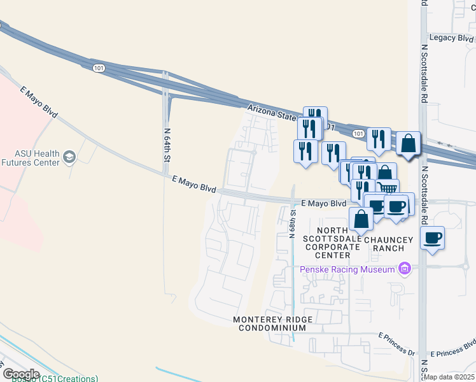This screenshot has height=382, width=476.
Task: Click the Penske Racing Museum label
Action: (x=348, y=269)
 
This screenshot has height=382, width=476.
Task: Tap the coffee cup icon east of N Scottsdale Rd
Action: (x=433, y=237)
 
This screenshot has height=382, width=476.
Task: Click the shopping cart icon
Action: (x=388, y=188)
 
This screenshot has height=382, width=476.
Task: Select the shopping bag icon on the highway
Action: (x=409, y=144)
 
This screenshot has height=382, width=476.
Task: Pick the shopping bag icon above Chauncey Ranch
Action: (x=361, y=219)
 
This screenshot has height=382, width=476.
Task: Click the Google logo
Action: (x=20, y=374)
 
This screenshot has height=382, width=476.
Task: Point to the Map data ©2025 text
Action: (x=450, y=376)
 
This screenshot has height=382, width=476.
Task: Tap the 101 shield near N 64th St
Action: (x=98, y=67)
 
